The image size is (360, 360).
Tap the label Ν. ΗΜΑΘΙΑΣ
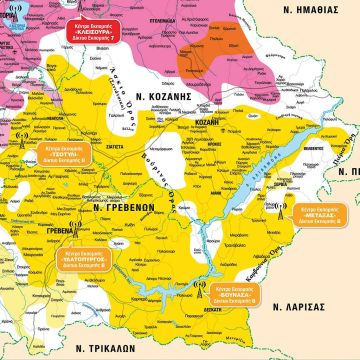(312, 12)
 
